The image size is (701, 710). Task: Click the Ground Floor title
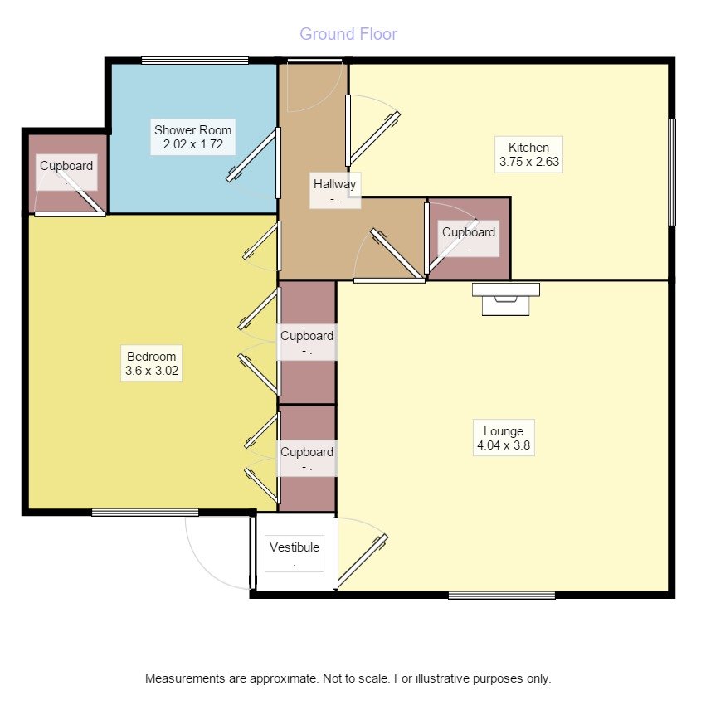[348, 34]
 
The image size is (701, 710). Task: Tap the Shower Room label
[193, 130]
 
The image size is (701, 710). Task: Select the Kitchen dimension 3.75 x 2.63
[530, 163]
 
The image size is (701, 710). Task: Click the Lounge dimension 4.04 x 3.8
[503, 445]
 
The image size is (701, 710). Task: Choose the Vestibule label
[295, 547]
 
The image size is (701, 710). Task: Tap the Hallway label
[334, 184]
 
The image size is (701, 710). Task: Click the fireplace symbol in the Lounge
[505, 297]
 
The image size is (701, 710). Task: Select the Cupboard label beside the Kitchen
[469, 232]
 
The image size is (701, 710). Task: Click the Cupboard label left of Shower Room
[67, 166]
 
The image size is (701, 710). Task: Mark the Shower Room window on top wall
[194, 60]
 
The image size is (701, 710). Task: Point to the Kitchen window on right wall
[672, 171]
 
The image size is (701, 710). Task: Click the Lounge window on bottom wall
[502, 595]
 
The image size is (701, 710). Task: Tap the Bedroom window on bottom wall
[144, 513]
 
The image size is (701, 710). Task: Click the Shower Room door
[251, 155]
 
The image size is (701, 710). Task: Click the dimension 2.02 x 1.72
[193, 145]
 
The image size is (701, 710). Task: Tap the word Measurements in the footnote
[184, 678]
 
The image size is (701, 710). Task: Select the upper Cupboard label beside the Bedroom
[307, 336]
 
